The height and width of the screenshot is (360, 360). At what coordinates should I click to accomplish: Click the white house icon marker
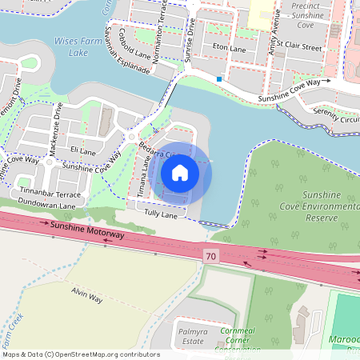click(x=180, y=172)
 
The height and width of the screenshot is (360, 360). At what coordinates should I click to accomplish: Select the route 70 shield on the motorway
click(x=210, y=255)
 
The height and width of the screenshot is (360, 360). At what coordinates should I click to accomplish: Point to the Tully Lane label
click(x=160, y=214)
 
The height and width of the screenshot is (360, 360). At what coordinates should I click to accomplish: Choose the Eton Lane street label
click(x=229, y=48)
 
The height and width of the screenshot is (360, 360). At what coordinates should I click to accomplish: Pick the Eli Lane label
click(x=82, y=150)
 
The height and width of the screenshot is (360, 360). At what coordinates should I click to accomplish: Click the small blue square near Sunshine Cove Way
click(x=219, y=78)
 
